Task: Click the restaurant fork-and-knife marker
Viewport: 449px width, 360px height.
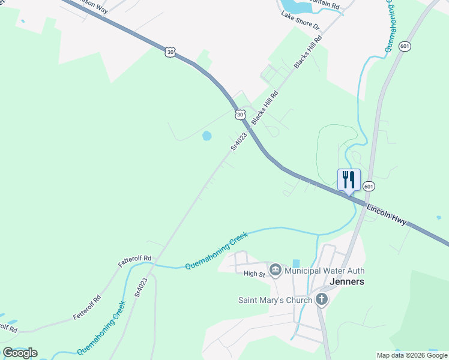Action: click(x=349, y=179)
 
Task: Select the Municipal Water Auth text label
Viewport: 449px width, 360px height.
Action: click(x=324, y=271)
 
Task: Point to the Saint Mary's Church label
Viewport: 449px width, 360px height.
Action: click(x=275, y=300)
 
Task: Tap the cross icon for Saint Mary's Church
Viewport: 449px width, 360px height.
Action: click(x=321, y=299)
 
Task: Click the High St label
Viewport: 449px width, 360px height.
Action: click(x=254, y=274)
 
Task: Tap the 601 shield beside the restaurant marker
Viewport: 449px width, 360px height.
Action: click(x=369, y=187)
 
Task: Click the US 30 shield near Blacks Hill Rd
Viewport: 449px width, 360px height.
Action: click(x=240, y=114)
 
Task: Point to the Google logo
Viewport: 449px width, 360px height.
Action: click(x=20, y=353)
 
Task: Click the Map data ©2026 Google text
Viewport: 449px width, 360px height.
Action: click(x=412, y=355)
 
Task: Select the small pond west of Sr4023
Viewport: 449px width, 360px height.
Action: click(x=207, y=136)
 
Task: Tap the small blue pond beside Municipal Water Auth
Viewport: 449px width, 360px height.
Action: click(x=297, y=263)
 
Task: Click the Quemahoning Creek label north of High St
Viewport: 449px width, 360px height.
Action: click(x=216, y=252)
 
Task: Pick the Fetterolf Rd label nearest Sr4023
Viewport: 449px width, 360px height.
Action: click(x=134, y=261)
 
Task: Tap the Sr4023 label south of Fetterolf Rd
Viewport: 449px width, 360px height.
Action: click(x=141, y=287)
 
